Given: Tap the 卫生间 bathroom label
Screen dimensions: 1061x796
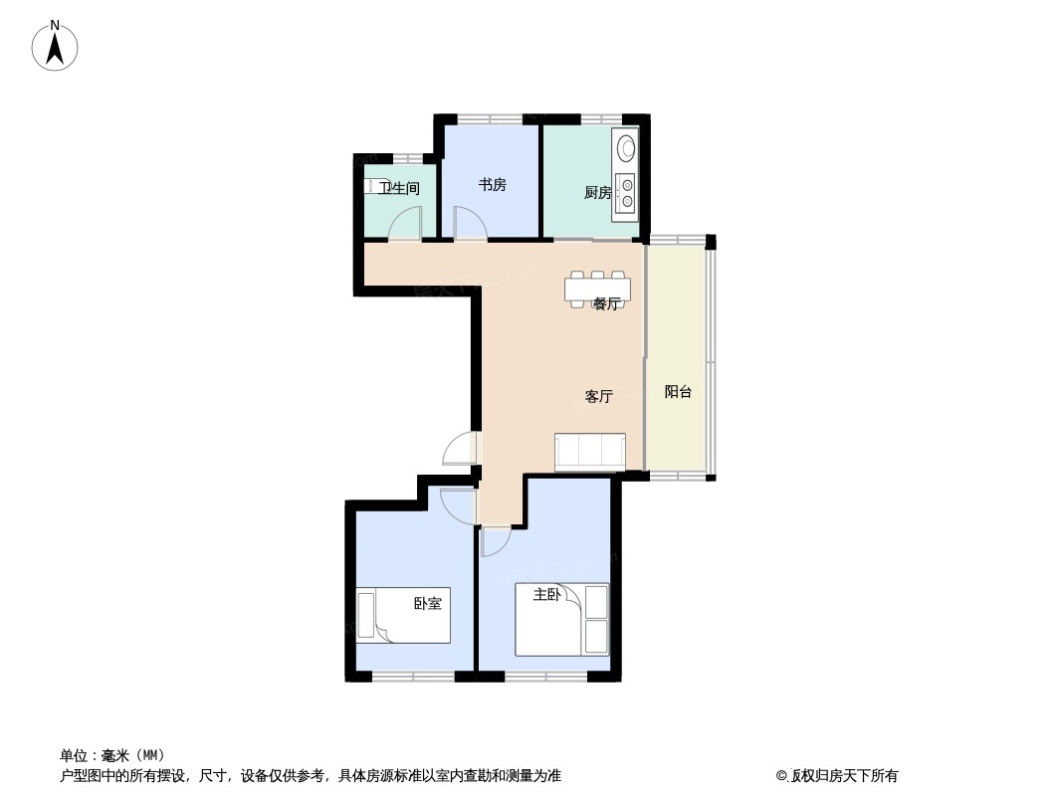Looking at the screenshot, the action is point(399,188).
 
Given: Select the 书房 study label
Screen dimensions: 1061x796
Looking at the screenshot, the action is point(492,185).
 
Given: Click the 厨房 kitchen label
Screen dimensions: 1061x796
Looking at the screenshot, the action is point(597,193).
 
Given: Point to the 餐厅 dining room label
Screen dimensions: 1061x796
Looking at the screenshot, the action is point(606,303).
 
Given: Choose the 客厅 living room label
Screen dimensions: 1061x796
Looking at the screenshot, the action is point(599,396).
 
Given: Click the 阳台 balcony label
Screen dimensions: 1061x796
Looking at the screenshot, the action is point(678,392).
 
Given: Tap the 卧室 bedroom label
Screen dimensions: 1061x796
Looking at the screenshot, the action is point(428,603).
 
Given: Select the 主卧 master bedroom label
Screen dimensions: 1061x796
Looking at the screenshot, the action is point(546,594).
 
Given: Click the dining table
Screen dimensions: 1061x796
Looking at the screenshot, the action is point(598,290).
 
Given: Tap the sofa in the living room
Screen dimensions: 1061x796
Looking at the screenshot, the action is point(590,451).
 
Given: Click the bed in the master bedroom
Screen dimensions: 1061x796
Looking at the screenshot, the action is point(562,620).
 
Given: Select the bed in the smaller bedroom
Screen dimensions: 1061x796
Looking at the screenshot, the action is point(403,616).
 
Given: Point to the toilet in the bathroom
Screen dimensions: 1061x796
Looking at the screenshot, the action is point(370,186).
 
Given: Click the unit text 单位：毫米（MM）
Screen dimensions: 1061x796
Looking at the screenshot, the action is point(112,755).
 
